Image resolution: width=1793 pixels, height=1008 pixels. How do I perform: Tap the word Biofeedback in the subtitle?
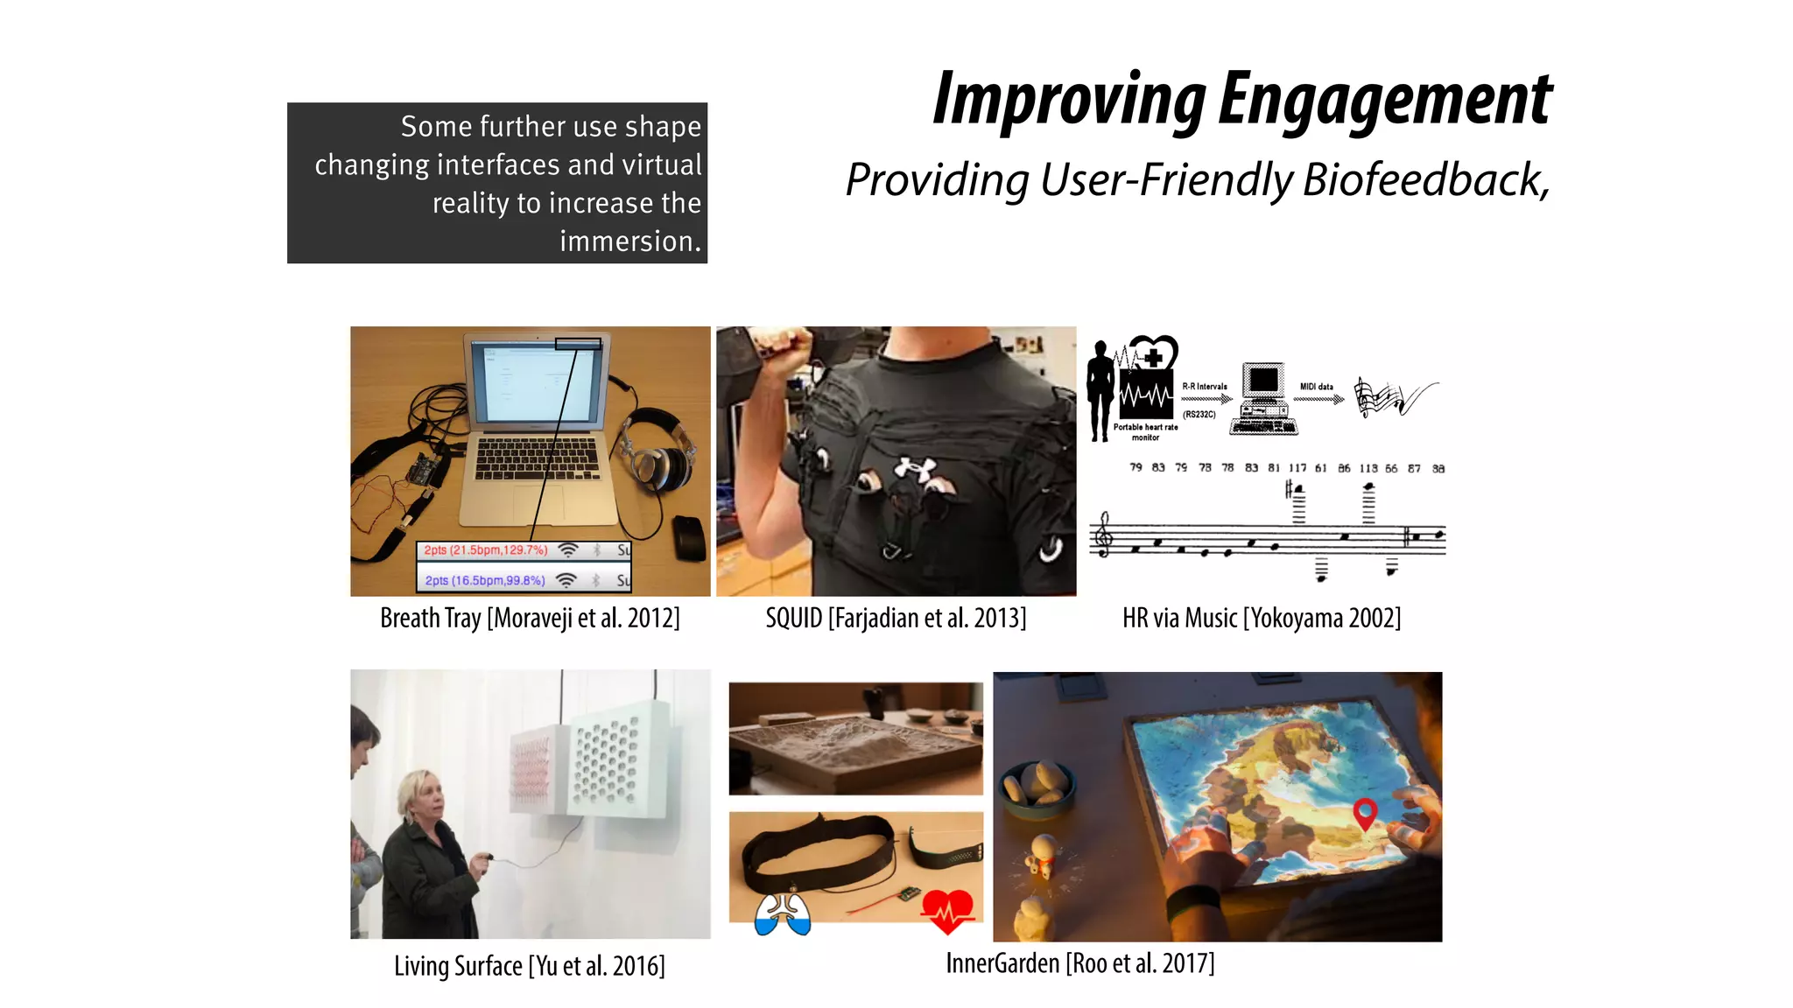click(x=1424, y=180)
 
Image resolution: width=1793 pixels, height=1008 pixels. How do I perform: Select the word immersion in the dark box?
click(x=629, y=241)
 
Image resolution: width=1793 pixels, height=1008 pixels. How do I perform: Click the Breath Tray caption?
click(x=530, y=619)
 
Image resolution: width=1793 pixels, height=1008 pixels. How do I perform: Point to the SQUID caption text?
click(x=896, y=619)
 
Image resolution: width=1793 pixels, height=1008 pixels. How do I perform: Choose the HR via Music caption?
click(x=1262, y=619)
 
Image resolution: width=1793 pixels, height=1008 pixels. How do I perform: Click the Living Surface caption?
click(x=530, y=966)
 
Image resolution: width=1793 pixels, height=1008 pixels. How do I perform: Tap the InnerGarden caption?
click(x=1079, y=963)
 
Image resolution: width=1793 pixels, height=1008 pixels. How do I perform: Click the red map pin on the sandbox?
click(x=1365, y=812)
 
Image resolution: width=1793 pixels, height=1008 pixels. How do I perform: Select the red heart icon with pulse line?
click(x=946, y=911)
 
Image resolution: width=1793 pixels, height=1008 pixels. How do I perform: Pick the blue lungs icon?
click(x=783, y=914)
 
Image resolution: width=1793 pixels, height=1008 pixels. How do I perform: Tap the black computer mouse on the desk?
click(x=690, y=538)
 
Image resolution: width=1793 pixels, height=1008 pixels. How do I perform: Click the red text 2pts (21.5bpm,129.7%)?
click(x=485, y=550)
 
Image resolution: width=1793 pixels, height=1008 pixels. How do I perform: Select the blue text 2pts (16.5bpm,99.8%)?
click(x=485, y=580)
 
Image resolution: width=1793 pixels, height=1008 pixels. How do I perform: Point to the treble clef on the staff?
click(x=1105, y=535)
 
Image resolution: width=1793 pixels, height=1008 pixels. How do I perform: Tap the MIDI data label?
click(x=1316, y=387)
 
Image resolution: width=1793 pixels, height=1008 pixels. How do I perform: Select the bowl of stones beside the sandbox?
click(x=1038, y=787)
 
